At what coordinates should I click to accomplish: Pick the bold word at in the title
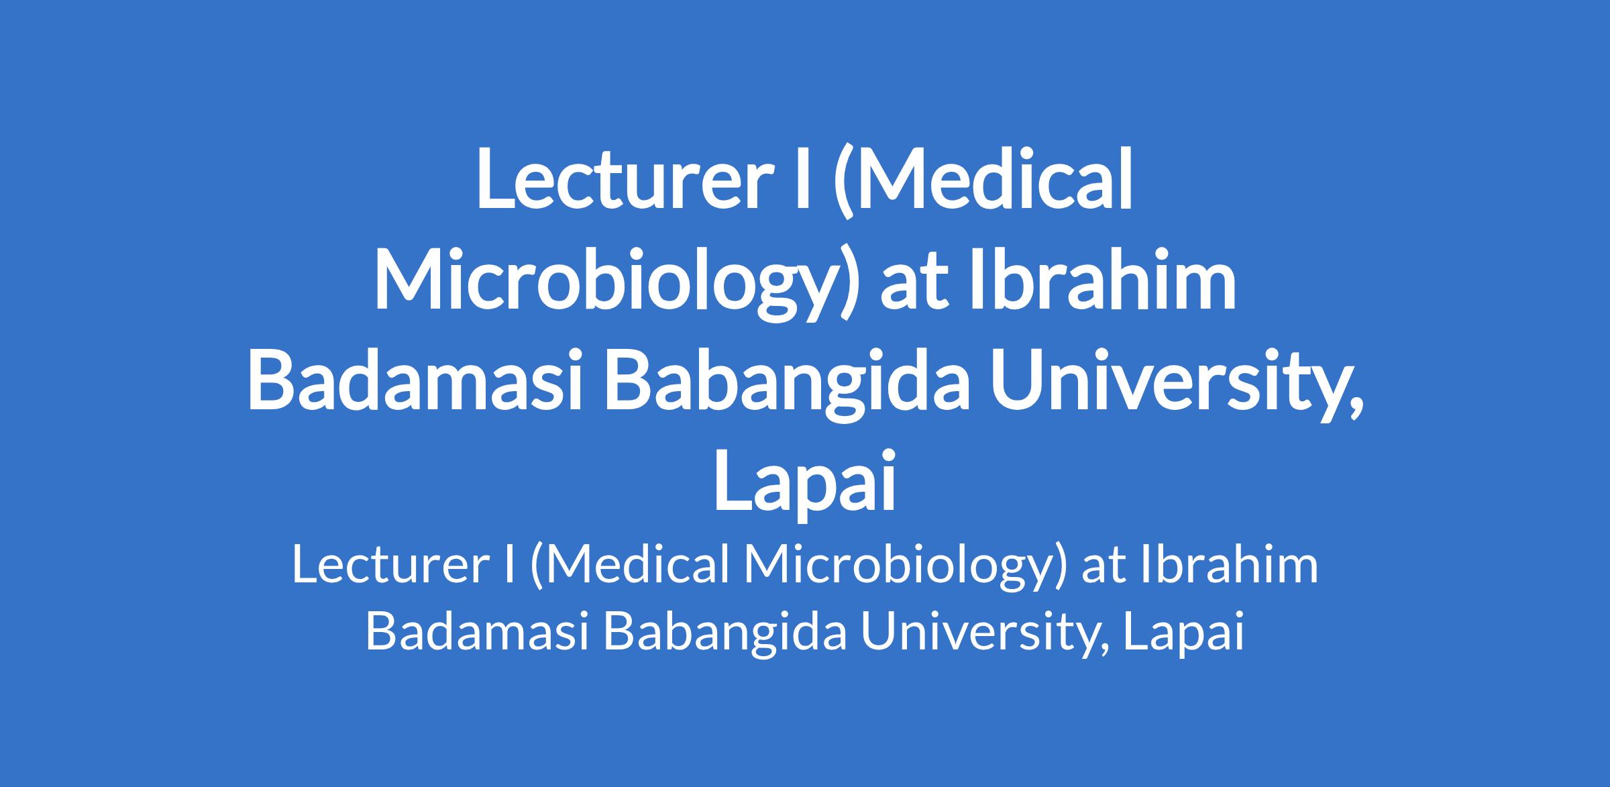pyautogui.click(x=912, y=282)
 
